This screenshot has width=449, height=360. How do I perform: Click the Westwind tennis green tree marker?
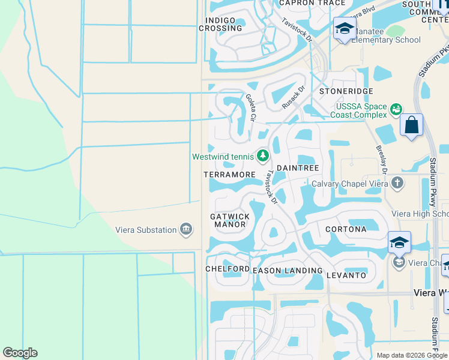(x=263, y=156)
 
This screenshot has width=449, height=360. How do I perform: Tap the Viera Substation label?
(x=146, y=230)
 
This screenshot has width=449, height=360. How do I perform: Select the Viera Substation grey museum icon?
(x=186, y=229)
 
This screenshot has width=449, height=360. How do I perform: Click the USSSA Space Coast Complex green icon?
(x=396, y=109)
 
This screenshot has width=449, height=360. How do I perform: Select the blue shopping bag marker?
(x=411, y=125)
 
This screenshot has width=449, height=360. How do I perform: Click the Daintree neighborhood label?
(x=297, y=169)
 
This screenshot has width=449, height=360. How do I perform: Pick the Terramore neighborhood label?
(x=229, y=175)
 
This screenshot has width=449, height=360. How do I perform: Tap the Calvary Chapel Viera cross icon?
(x=396, y=182)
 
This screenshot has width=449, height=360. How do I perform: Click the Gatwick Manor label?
(x=228, y=220)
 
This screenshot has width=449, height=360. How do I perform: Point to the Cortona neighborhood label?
(x=346, y=229)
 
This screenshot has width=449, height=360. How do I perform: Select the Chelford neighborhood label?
(x=228, y=268)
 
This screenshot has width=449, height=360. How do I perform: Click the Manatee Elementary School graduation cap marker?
(x=345, y=29)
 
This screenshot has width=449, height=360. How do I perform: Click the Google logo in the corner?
(x=20, y=353)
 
